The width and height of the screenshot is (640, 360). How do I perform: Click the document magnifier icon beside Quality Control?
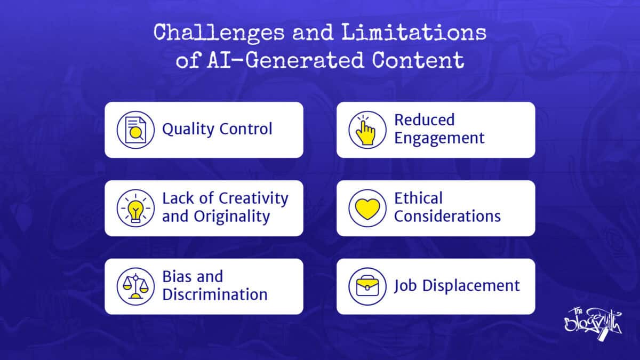coord(135,130)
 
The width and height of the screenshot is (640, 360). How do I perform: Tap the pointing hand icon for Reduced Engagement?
coord(367,130)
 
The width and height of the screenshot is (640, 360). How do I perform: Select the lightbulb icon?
coord(135,208)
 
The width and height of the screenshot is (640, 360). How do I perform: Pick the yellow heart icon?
coord(367,208)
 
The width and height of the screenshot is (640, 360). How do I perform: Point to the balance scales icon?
coord(135,286)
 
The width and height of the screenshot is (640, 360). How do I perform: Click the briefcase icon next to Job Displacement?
coord(367,286)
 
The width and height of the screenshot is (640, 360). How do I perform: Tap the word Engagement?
coord(439,138)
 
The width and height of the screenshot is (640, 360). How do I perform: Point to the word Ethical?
coord(419,199)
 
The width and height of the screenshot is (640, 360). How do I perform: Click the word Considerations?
coord(447,217)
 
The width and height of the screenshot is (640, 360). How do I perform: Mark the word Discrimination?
coord(215,295)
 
